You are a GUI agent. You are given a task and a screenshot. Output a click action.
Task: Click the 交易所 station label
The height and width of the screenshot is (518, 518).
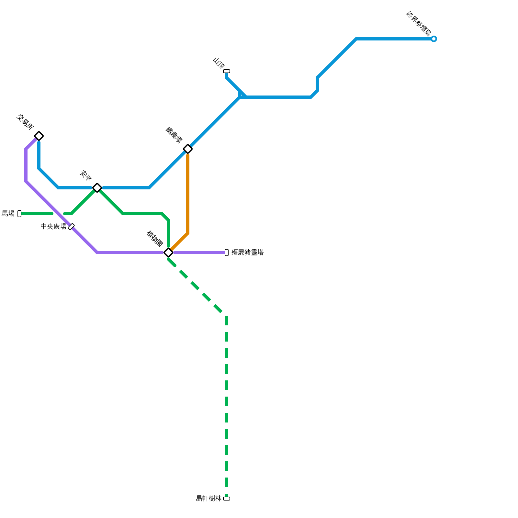25,122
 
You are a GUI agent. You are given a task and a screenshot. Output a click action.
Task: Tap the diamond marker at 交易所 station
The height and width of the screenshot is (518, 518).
39,136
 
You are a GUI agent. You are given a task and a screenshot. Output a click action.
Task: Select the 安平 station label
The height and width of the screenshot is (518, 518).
86,175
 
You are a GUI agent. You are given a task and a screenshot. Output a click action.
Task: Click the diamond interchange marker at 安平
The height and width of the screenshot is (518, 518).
97,188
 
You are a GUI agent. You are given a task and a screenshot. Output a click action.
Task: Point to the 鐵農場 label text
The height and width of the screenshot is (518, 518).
174,135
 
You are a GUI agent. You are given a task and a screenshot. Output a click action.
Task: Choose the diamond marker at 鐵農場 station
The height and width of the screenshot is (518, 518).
188,149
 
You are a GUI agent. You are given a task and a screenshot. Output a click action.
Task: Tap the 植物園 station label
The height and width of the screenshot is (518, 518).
154,239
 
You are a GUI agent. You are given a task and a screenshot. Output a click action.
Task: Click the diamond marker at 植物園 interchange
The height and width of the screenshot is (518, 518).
168,253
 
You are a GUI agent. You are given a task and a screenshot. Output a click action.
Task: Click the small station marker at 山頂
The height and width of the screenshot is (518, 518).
227,71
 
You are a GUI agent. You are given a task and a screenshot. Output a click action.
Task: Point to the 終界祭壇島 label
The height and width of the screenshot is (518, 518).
419,24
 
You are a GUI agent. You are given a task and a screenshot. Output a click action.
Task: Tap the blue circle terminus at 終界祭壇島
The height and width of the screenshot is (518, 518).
434,39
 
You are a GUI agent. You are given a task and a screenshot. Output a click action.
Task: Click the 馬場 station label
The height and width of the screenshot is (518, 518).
8,214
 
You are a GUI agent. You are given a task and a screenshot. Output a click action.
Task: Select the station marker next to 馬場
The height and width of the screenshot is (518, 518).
19,214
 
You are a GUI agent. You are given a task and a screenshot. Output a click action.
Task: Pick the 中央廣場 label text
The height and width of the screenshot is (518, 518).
53,227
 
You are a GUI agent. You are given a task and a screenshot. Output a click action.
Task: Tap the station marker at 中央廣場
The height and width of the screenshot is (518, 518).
71,227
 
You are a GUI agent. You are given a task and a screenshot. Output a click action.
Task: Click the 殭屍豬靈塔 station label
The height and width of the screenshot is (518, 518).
248,253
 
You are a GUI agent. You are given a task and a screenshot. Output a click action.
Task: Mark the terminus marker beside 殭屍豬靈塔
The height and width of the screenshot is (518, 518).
227,253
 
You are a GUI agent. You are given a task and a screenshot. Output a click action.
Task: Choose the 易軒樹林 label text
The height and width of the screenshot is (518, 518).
209,499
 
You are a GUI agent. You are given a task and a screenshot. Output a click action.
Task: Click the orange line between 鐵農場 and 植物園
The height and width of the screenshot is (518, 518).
188,194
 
